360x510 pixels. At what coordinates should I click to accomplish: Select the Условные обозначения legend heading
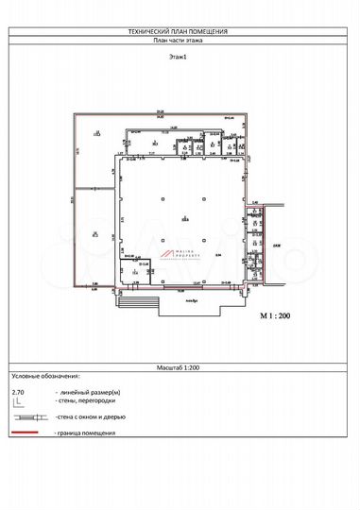point(46,375)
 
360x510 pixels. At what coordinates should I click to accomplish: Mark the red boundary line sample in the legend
point(29,433)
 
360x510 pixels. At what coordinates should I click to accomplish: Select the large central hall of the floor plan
point(184,212)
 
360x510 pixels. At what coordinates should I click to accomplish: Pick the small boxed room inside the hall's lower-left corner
point(133,269)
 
